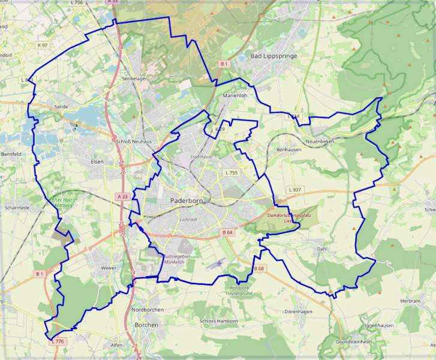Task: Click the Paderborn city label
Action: pyautogui.click(x=189, y=200)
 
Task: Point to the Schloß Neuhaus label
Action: pyautogui.click(x=134, y=141)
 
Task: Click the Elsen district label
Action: pyautogui.click(x=97, y=161)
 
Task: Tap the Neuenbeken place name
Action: pyautogui.click(x=318, y=141)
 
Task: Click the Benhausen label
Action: pyautogui.click(x=288, y=149)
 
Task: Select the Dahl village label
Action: pyautogui.click(x=323, y=248)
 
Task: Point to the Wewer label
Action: pyautogui.click(x=109, y=268)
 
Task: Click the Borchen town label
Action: pyautogui.click(x=146, y=325)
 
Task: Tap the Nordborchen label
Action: pyautogui.click(x=147, y=310)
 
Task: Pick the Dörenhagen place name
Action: pyautogui.click(x=299, y=312)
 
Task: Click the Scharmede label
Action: pyautogui.click(x=17, y=208)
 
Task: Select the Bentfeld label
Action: pyautogui.click(x=11, y=154)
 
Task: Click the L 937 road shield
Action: pyautogui.click(x=295, y=190)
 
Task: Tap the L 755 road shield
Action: pyautogui.click(x=231, y=173)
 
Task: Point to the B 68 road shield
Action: pyautogui.click(x=258, y=268)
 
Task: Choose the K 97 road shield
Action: pyautogui.click(x=42, y=46)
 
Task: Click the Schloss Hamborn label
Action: pyautogui.click(x=221, y=321)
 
